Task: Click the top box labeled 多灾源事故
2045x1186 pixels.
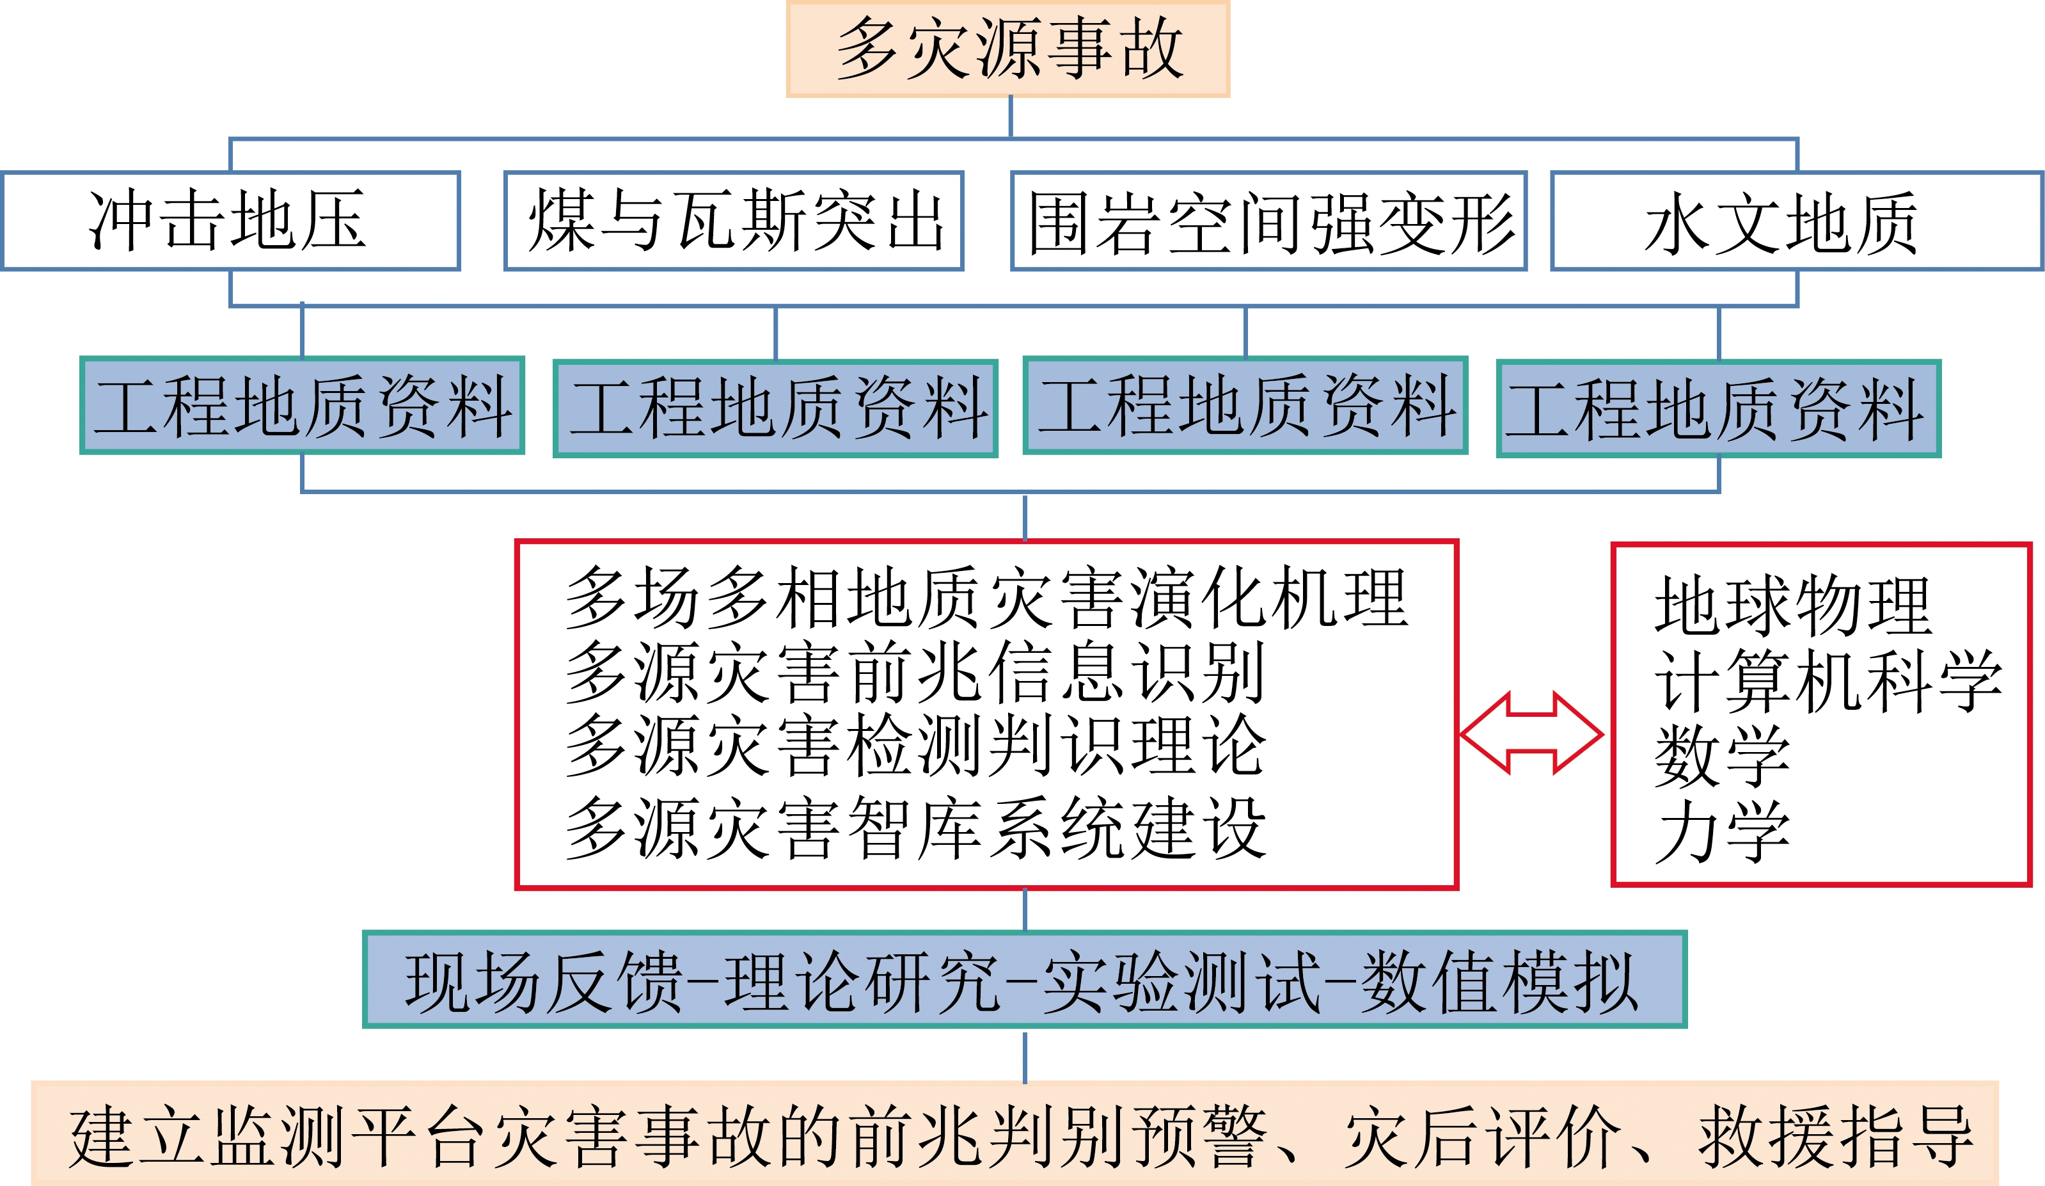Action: pos(1008,49)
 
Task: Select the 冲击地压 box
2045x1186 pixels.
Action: pos(232,221)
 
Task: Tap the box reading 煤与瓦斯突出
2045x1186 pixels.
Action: pos(734,221)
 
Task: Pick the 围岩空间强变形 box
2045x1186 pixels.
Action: pos(1269,221)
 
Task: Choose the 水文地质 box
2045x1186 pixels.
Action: pos(1797,221)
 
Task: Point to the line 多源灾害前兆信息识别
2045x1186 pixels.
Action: pos(915,672)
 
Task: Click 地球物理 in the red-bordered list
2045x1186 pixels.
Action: pos(1794,605)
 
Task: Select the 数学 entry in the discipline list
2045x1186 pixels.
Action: pos(1722,756)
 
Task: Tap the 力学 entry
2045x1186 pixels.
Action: pos(1722,831)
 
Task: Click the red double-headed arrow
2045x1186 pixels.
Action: pos(1531,733)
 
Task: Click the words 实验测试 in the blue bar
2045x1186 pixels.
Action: pos(1182,982)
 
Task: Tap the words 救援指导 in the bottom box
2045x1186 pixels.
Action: pos(1836,1137)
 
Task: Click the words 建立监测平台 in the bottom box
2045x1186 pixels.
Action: pos(278,1137)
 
